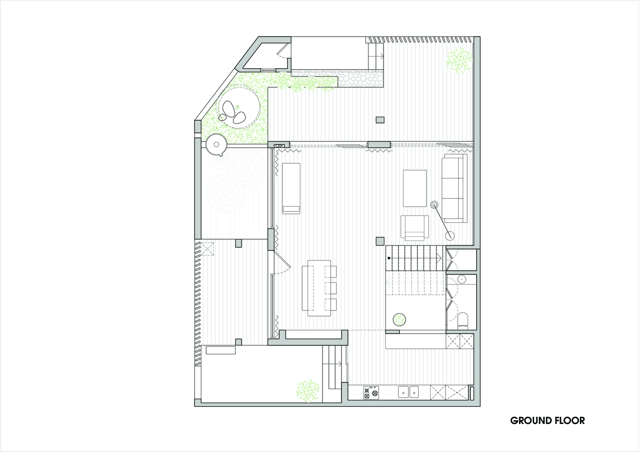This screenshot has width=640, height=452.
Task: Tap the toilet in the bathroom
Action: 463,319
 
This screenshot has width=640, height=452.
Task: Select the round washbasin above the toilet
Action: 462,279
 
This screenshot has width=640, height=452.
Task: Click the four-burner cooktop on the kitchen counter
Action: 371,393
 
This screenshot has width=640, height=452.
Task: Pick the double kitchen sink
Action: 408,392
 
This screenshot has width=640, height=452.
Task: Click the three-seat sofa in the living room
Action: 455,188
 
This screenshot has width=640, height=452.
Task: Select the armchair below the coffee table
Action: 415,228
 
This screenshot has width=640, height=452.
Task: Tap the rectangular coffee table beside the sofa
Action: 415,188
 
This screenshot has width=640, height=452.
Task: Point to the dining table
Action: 319,288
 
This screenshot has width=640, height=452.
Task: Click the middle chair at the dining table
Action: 331,288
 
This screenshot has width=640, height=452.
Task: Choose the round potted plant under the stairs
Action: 399,320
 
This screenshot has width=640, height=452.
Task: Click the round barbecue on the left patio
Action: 217,145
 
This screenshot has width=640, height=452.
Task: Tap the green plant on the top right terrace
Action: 459,61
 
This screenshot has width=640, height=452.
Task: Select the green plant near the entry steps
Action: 308,391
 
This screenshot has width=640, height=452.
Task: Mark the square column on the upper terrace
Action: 380,120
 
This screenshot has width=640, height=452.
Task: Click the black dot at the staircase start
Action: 389,258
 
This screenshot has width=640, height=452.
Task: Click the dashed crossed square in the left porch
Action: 208,249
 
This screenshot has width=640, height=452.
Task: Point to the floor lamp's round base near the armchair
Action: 450,236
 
